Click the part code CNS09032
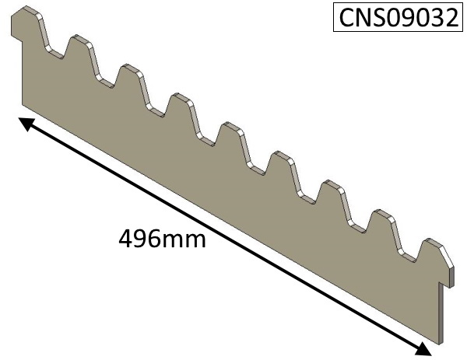pyautogui.click(x=399, y=18)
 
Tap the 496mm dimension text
pyautogui.click(x=163, y=239)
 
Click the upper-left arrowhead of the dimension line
pyautogui.click(x=25, y=123)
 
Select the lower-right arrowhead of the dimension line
pyautogui.click(x=423, y=349)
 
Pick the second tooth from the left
pyautogui.click(x=79, y=50)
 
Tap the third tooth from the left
pyautogui.click(x=130, y=79)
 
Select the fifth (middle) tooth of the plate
pyautogui.click(x=230, y=137)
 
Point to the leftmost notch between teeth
pyautogui.click(x=54, y=52)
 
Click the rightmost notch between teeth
pyautogui.click(x=407, y=256)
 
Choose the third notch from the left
pyautogui.click(x=156, y=110)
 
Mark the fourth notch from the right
pyautogui.click(x=256, y=168)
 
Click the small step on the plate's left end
pyautogui.click(x=17, y=37)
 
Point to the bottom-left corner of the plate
pyautogui.click(x=23, y=105)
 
